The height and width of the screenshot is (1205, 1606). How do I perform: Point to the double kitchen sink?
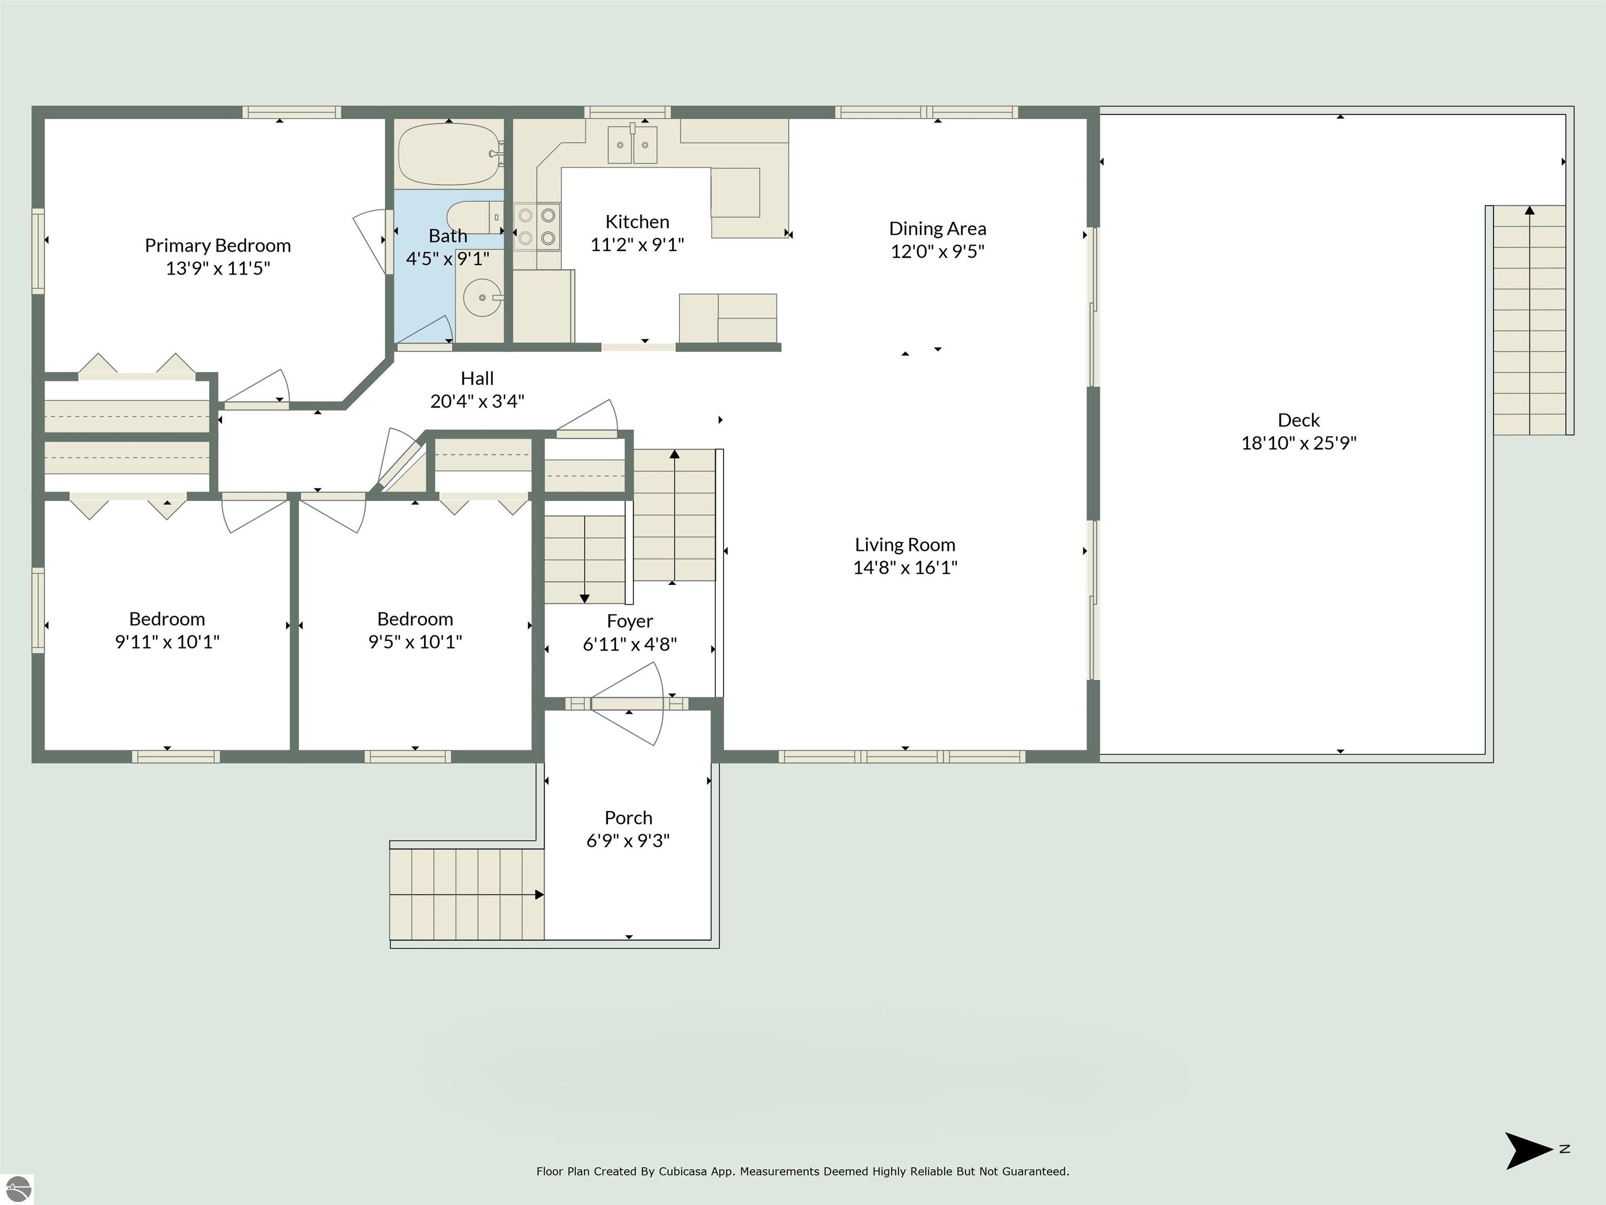tap(633, 144)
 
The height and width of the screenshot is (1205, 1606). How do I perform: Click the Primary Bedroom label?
tap(218, 245)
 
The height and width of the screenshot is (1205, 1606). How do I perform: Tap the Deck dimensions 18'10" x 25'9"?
tap(1299, 442)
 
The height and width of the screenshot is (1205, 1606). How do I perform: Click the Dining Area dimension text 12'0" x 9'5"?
tap(937, 252)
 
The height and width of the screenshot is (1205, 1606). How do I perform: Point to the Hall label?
tap(477, 379)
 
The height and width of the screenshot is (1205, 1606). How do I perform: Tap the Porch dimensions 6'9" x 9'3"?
tap(628, 840)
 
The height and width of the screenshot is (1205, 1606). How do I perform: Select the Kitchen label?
tap(637, 222)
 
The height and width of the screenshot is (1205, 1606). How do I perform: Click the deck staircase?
tap(1529, 320)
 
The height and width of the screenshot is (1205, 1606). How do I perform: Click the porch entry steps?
tap(467, 894)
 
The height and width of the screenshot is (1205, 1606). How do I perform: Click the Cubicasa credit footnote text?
tap(802, 1172)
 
